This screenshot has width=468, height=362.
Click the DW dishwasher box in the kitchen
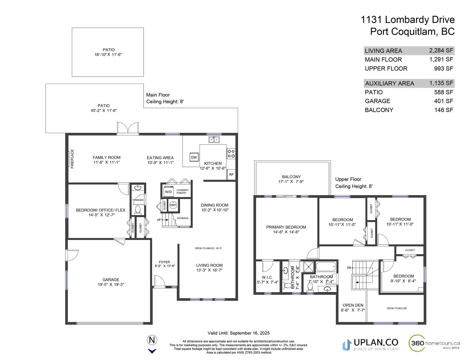tap(194, 157)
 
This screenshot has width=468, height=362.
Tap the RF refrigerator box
tap(231, 174)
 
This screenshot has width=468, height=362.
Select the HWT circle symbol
tap(173, 205)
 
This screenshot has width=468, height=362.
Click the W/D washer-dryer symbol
tap(168, 192)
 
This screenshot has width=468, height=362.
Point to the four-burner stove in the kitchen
tap(231, 153)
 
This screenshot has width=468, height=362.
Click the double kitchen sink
tap(214, 139)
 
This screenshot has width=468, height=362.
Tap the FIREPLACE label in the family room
tap(72, 159)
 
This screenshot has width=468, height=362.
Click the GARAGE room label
tap(111, 279)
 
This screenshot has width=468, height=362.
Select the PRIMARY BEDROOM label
tap(286, 227)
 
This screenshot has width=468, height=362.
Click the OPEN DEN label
tap(353, 305)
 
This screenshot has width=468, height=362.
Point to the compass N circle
tap(152, 340)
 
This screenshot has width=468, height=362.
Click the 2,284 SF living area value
tap(441, 50)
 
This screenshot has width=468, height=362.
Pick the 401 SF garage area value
tap(444, 101)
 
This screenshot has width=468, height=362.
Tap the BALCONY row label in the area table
tap(379, 110)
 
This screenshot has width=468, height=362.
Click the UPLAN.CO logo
tap(370, 344)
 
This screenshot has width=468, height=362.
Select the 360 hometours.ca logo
tap(434, 343)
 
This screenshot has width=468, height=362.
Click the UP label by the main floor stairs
tap(159, 220)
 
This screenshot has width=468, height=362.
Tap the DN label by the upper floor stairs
tap(349, 267)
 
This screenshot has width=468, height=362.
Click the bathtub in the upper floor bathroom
tap(326, 267)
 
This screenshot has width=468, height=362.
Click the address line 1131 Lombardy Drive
tap(407, 20)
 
